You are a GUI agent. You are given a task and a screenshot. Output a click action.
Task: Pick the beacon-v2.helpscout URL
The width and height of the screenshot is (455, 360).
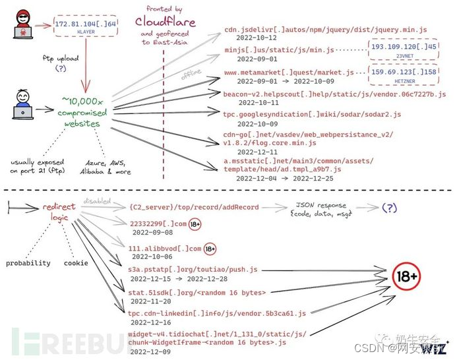(334, 94)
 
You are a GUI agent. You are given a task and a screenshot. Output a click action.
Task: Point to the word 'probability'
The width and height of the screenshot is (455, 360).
(28, 262)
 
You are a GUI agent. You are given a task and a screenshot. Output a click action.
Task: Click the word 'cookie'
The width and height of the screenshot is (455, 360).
(76, 262)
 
